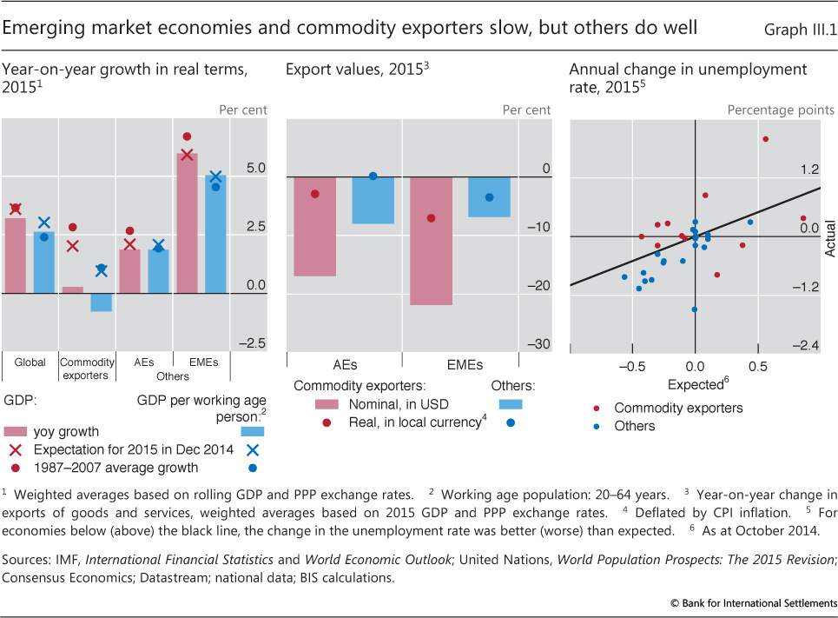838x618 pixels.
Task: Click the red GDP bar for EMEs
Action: click(188, 223)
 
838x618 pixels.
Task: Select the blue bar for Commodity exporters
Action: click(102, 302)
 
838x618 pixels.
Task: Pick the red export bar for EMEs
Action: click(432, 241)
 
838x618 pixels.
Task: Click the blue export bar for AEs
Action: click(373, 200)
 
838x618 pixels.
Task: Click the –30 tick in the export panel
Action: click(539, 344)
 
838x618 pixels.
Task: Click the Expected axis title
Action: click(696, 384)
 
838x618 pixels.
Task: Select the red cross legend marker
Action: click(14, 449)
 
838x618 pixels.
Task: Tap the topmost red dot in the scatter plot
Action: click(765, 139)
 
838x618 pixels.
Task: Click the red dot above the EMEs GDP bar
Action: click(187, 136)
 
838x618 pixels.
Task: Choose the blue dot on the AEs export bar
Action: click(373, 176)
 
